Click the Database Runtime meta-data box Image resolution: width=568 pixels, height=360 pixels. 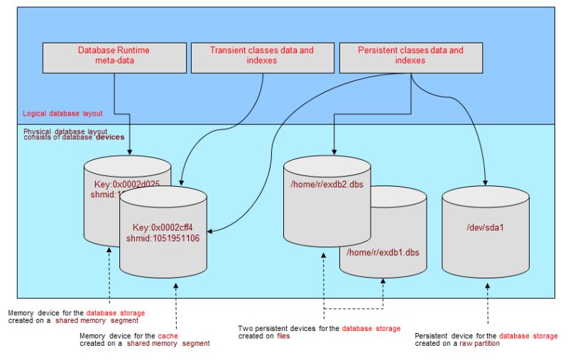point(114,56)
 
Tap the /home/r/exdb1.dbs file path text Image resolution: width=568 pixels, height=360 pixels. point(383,252)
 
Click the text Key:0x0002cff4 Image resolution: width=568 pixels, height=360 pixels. point(163,227)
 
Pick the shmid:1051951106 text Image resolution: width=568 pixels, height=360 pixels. point(163,239)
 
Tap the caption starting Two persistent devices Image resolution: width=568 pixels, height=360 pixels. point(319,332)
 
